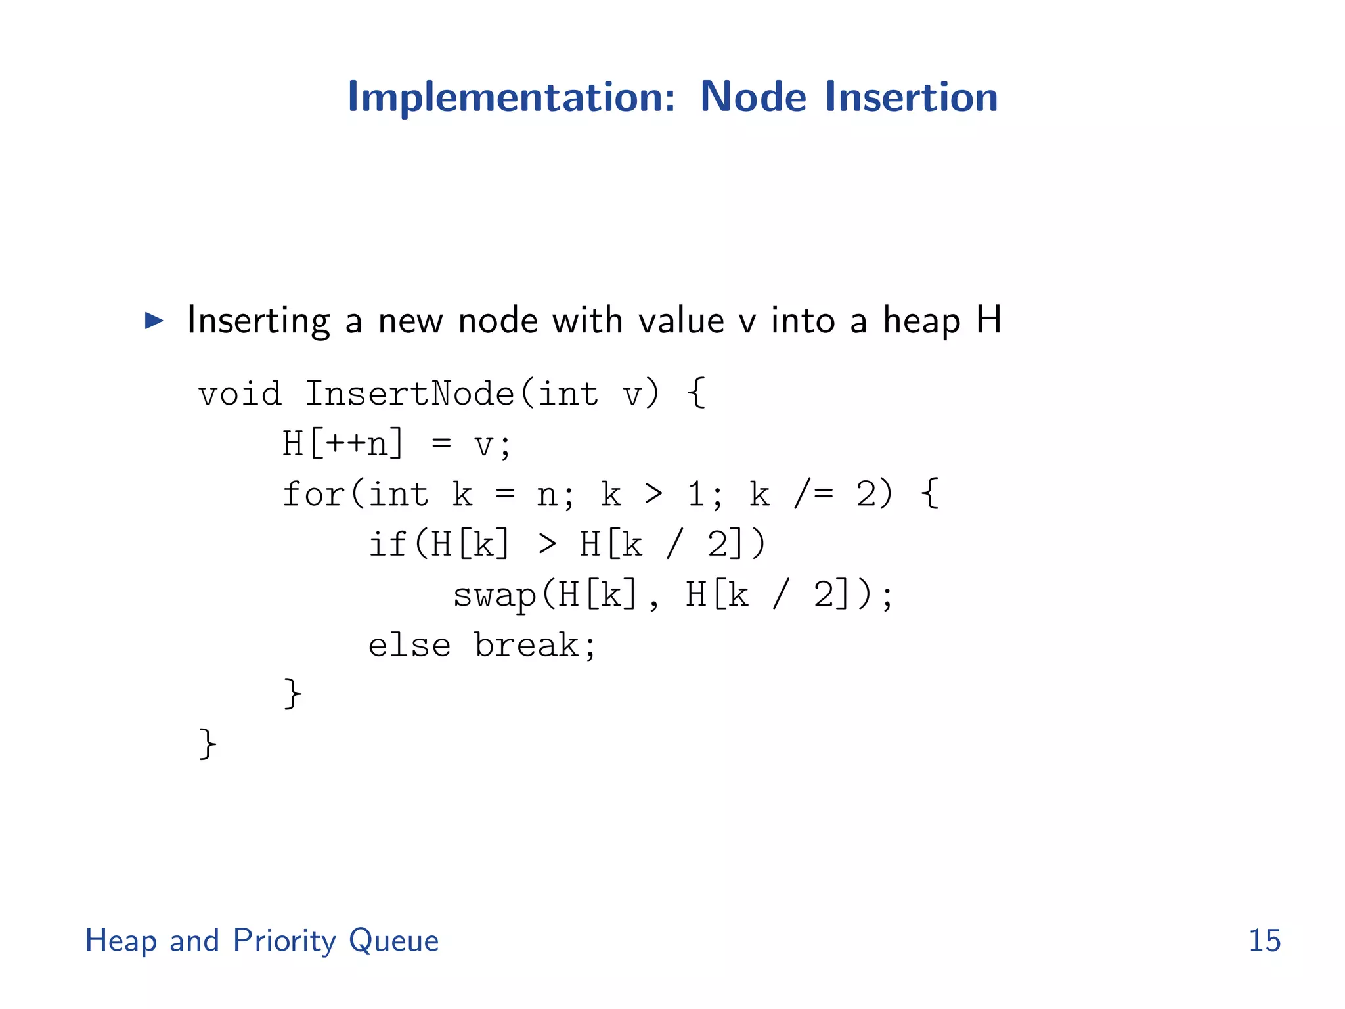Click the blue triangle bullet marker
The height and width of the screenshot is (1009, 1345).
coord(154,321)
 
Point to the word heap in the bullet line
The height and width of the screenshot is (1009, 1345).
coord(921,321)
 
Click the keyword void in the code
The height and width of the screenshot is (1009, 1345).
coord(240,395)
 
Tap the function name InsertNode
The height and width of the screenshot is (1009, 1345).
coord(410,395)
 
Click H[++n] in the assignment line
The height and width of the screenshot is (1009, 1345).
coord(343,444)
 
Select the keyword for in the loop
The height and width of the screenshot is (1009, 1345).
coord(313,494)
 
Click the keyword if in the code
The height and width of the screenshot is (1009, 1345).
coord(387,545)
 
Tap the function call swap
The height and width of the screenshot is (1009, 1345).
coord(495,596)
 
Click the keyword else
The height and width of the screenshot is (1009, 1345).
coord(409,646)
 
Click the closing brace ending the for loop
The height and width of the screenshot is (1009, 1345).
coord(292,694)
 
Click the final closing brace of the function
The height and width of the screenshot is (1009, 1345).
coord(208,744)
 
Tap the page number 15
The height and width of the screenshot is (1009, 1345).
coord(1264,941)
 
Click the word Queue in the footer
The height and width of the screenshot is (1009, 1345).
coord(393,941)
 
